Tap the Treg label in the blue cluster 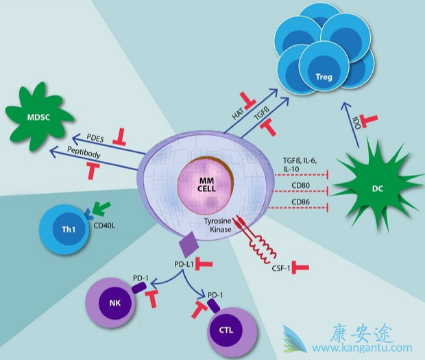[x=324, y=77]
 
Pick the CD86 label [x=302, y=201]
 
